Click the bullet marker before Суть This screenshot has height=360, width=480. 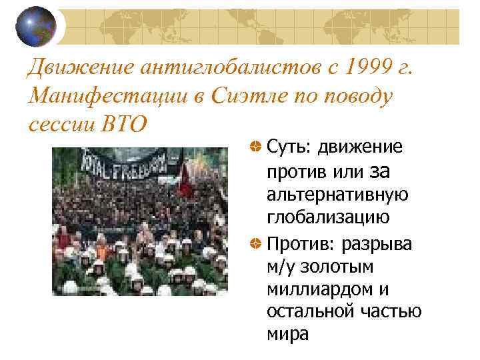pyautogui.click(x=254, y=146)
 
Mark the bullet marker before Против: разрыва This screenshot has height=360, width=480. pyautogui.click(x=254, y=244)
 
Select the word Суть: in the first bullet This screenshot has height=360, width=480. pyautogui.click(x=288, y=146)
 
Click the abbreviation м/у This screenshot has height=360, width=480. pyautogui.click(x=281, y=267)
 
